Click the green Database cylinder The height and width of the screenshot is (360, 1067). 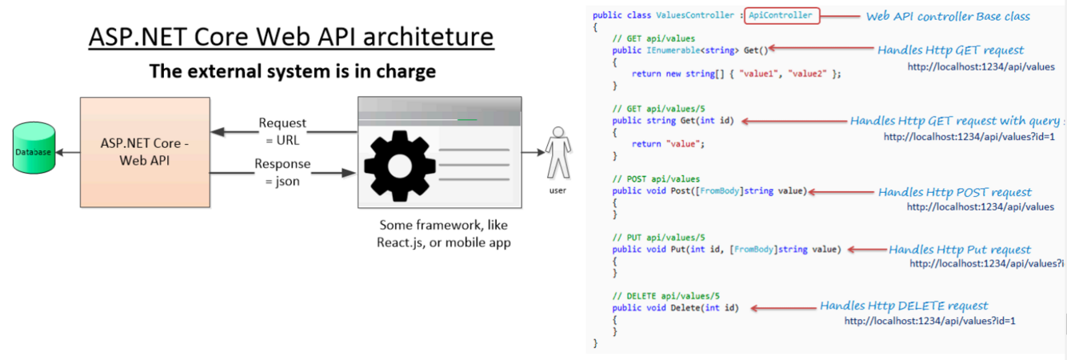34,148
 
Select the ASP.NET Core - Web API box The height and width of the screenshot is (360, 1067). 145,152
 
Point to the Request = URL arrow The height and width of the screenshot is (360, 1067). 284,133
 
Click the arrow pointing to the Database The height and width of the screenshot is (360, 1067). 67,152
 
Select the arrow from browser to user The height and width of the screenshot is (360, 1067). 532,151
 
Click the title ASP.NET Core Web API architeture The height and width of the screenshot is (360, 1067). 290,37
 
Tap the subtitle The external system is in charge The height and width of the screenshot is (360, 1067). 292,71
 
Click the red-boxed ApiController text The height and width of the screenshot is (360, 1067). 780,15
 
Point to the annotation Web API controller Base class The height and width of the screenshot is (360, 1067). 948,16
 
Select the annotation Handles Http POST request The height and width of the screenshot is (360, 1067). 954,192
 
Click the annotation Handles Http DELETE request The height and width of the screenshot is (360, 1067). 904,306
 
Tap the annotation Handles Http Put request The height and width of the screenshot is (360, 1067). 959,250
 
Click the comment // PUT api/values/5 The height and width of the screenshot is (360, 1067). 658,238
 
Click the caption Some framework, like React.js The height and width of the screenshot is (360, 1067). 443,233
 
